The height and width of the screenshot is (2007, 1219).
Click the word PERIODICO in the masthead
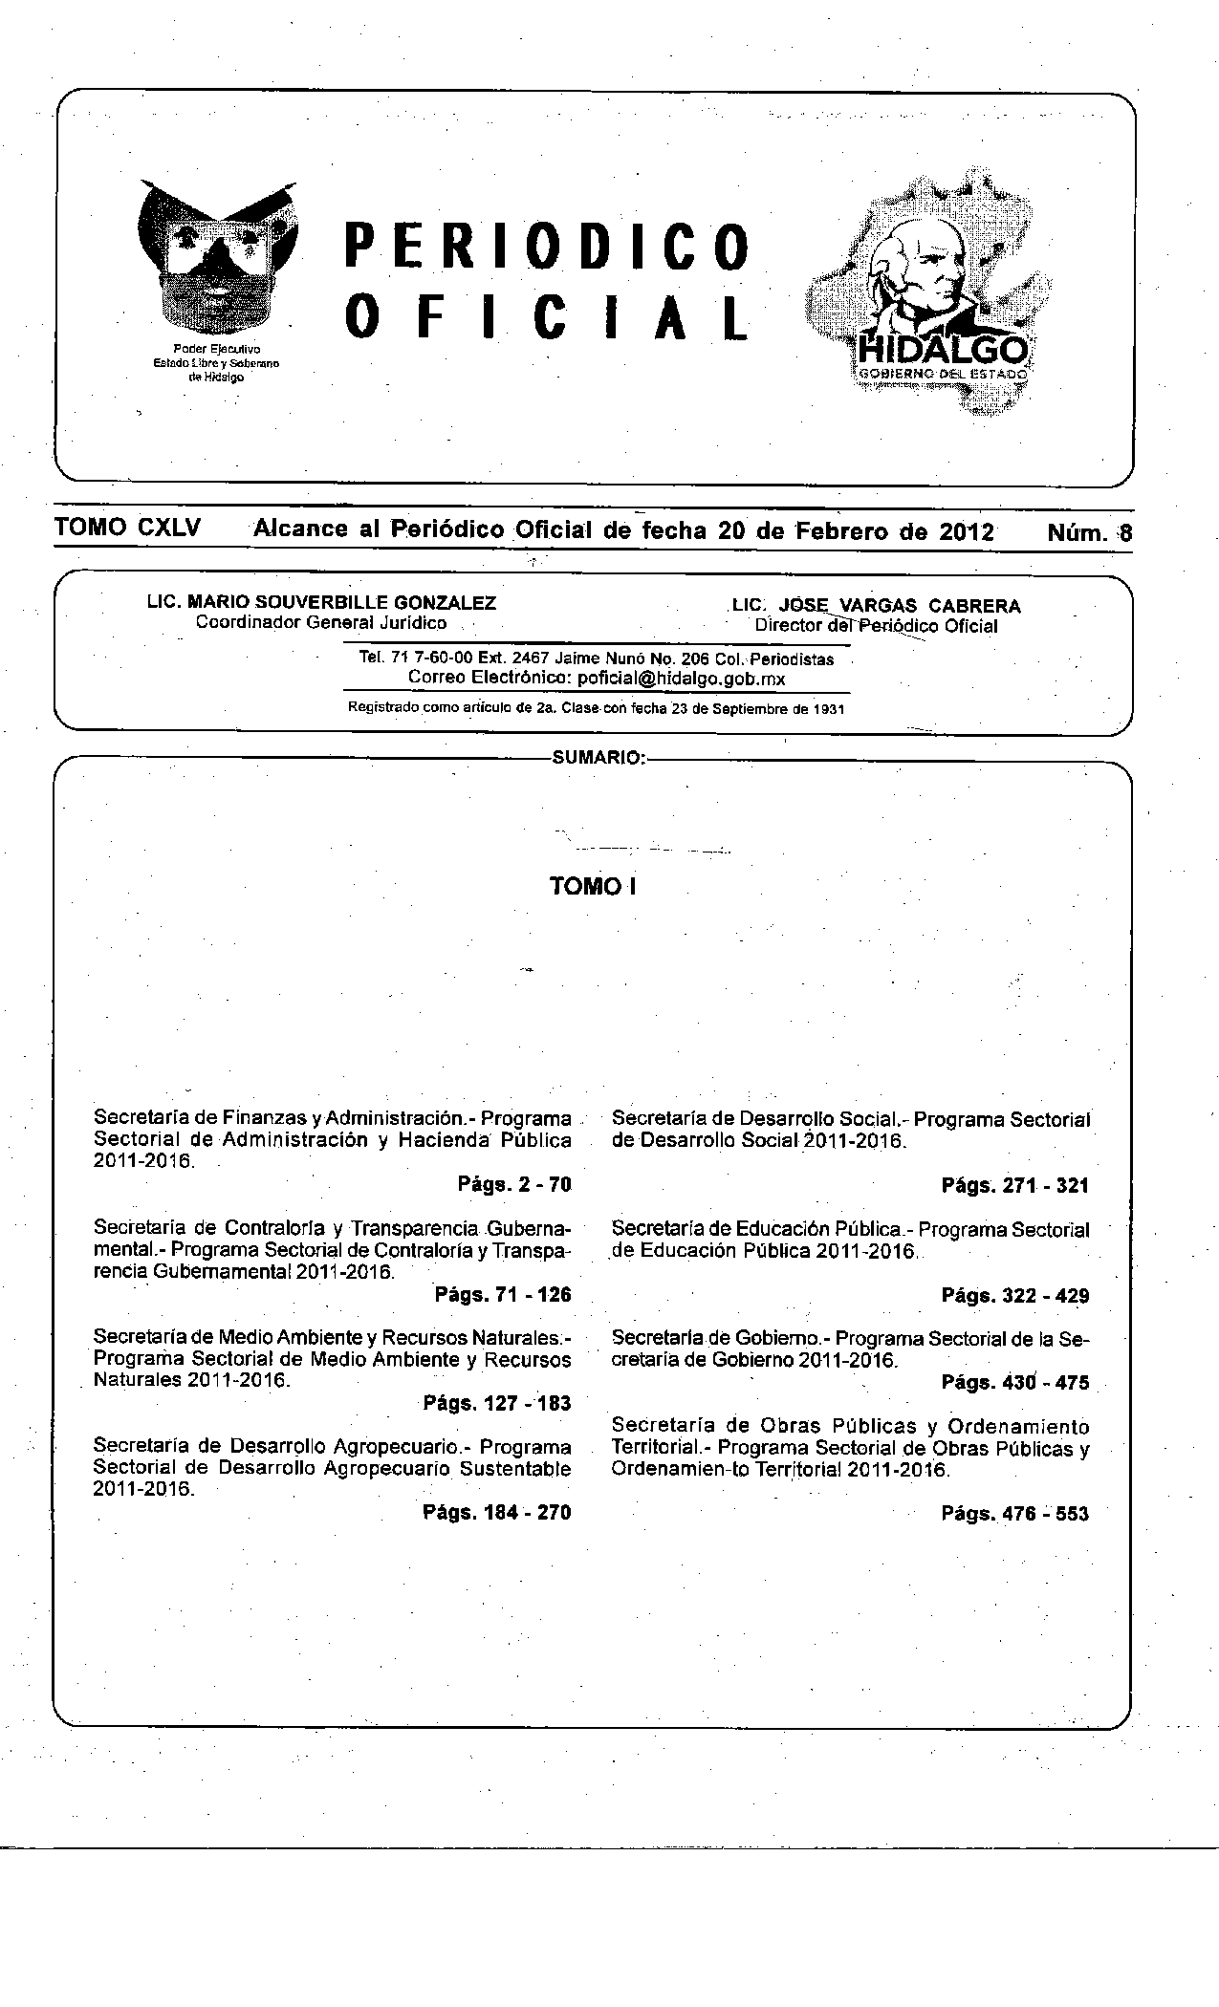click(546, 247)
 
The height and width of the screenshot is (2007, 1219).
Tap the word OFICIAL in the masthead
click(546, 317)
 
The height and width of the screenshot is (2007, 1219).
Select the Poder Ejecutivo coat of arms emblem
click(217, 258)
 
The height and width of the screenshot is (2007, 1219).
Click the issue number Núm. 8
click(1089, 532)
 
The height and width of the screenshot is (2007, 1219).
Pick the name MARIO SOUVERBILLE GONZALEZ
click(341, 603)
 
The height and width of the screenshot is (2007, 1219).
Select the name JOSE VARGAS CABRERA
click(900, 606)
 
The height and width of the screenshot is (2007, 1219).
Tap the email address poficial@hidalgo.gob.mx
click(682, 679)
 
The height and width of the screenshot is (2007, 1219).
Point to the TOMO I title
click(593, 887)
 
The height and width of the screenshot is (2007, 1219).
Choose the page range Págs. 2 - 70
click(514, 1185)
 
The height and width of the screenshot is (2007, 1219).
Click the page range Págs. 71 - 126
click(503, 1295)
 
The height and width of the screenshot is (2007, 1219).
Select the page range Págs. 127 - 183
click(496, 1403)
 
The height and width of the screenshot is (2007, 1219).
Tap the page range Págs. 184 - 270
click(496, 1512)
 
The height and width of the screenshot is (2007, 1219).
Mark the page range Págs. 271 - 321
click(1015, 1186)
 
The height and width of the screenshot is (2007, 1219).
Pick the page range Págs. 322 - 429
click(1015, 1296)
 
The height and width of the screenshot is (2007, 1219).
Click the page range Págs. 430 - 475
click(1015, 1382)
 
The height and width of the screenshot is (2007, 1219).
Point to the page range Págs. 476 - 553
click(1015, 1513)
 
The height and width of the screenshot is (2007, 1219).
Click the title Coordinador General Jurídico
click(321, 623)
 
